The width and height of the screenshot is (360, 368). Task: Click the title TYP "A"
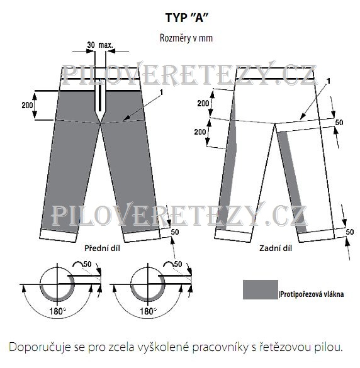pyautogui.click(x=187, y=18)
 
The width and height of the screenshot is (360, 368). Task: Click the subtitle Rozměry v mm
pyautogui.click(x=186, y=38)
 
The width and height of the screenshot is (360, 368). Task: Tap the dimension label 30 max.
pyautogui.click(x=100, y=45)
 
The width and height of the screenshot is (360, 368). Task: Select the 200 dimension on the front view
pyautogui.click(x=27, y=106)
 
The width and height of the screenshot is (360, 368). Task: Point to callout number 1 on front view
pyautogui.click(x=161, y=92)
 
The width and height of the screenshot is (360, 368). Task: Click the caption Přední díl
pyautogui.click(x=102, y=248)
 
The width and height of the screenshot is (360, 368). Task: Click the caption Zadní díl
pyautogui.click(x=276, y=248)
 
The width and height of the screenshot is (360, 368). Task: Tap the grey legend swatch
pyautogui.click(x=261, y=289)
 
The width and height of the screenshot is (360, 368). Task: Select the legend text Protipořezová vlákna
pyautogui.click(x=312, y=294)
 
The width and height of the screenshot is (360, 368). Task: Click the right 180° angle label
pyautogui.click(x=148, y=311)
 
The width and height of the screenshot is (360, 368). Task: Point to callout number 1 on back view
pyautogui.click(x=329, y=81)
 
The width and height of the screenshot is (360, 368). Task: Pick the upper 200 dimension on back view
pyautogui.click(x=203, y=103)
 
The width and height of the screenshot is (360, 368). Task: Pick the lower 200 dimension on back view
pyautogui.click(x=200, y=132)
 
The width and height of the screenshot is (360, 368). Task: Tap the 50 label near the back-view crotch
pyautogui.click(x=339, y=123)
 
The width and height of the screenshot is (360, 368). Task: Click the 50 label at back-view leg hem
pyautogui.click(x=350, y=232)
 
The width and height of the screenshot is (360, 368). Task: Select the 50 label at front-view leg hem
pyautogui.click(x=175, y=232)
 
